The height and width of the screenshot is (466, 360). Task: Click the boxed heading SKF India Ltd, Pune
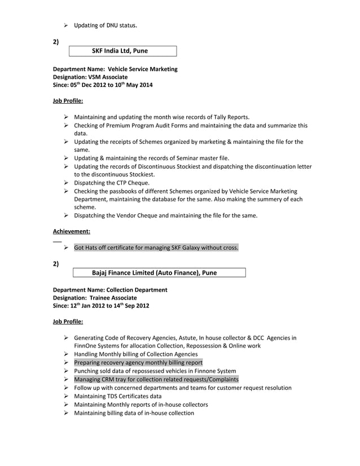[x=120, y=51]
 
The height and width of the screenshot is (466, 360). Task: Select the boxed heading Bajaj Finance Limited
[x=154, y=272]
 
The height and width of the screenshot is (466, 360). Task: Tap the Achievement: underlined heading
[x=72, y=231]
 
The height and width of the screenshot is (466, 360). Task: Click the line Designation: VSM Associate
[x=90, y=77]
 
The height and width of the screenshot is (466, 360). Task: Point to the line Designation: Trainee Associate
[x=95, y=297]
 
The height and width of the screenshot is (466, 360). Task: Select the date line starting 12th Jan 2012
[x=101, y=306]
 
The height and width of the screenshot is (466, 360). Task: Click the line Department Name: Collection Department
[x=110, y=289]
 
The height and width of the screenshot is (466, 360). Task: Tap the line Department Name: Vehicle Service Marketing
[x=115, y=69]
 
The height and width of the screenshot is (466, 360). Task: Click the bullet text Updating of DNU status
[x=105, y=25]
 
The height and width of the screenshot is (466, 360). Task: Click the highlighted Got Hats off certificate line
[x=156, y=248]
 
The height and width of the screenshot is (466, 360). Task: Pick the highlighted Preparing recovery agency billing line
[x=138, y=362]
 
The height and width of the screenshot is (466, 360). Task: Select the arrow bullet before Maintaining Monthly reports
[x=66, y=405]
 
